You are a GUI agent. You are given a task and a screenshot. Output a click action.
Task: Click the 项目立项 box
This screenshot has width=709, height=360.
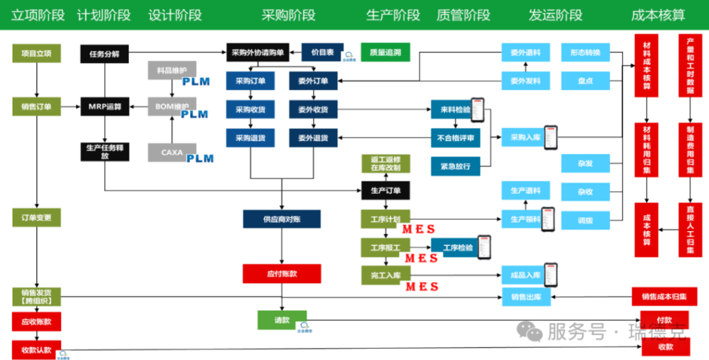click(37, 53)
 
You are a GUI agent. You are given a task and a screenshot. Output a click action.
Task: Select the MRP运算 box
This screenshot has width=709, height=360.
click(105, 107)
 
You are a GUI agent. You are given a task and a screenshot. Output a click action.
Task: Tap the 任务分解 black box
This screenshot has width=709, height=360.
click(105, 53)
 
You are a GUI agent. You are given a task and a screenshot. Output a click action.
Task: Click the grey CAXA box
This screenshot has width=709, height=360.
click(172, 152)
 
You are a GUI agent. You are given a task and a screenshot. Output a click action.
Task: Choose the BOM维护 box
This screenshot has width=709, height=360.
click(172, 107)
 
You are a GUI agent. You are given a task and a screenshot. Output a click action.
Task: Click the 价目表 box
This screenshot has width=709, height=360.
click(322, 52)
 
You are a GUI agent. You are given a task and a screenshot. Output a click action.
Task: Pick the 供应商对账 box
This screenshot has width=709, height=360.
click(281, 219)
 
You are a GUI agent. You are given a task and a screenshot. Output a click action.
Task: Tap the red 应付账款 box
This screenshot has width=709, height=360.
click(281, 273)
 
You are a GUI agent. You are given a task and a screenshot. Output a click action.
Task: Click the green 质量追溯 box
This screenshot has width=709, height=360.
click(386, 52)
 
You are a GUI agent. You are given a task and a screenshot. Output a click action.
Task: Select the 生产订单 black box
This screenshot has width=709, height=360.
click(386, 190)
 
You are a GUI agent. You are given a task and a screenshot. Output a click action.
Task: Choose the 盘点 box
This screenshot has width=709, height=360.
click(585, 81)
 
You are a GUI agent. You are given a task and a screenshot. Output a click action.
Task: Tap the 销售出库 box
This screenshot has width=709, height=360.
click(526, 298)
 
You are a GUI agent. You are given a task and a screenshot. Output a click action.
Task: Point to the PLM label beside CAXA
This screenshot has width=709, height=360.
click(199, 159)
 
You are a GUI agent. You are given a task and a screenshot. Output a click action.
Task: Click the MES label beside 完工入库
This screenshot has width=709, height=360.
click(422, 287)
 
